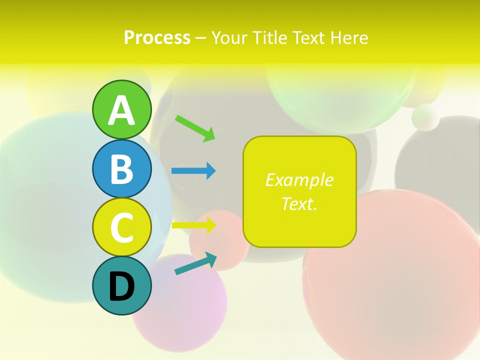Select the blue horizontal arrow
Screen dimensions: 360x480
click(x=193, y=171)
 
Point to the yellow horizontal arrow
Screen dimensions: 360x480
click(x=193, y=225)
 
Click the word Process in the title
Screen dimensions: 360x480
click(x=157, y=37)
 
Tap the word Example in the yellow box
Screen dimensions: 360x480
click(x=299, y=180)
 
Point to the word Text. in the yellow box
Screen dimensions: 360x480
click(x=299, y=203)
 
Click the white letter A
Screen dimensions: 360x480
click(x=121, y=110)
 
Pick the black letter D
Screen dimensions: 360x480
click(x=121, y=286)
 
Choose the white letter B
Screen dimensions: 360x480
click(x=121, y=169)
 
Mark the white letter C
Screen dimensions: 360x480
click(x=121, y=227)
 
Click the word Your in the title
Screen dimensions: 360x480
click(x=229, y=37)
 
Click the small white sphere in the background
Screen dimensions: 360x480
click(x=425, y=117)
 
